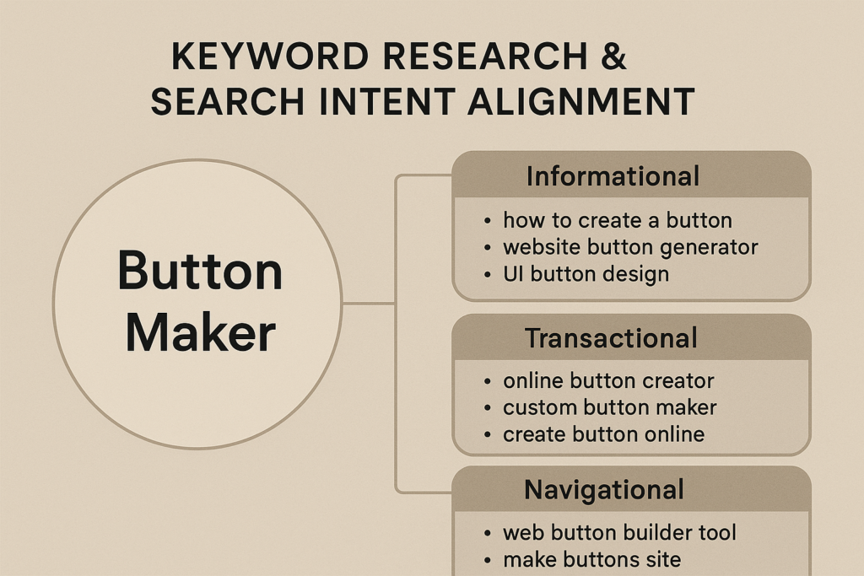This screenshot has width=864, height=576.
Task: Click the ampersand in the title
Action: (613, 57)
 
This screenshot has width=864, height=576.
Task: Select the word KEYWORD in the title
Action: (269, 57)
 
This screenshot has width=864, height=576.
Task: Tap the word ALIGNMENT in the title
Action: (580, 101)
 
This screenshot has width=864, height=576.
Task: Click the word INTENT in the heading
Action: (386, 101)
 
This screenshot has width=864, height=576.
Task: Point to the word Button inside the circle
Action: (200, 271)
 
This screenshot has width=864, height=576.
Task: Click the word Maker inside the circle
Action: (200, 332)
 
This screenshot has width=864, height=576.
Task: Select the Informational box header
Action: (631, 175)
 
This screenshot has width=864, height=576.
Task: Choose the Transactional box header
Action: (631, 337)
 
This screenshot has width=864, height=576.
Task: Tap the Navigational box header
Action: (631, 489)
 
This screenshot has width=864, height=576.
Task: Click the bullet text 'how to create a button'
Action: (617, 220)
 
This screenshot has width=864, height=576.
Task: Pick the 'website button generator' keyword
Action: (630, 247)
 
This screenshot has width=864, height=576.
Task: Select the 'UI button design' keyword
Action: (586, 274)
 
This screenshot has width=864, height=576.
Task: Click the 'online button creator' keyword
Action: (608, 380)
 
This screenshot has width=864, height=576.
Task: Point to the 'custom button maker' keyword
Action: (609, 407)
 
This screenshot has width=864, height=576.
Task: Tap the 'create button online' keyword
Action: (603, 434)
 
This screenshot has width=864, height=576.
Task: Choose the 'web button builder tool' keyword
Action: (619, 532)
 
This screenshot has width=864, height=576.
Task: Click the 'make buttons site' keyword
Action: (591, 559)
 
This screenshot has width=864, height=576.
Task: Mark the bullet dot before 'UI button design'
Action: (487, 275)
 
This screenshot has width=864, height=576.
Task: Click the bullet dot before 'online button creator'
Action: (487, 381)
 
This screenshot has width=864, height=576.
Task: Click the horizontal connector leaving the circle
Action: (369, 303)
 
